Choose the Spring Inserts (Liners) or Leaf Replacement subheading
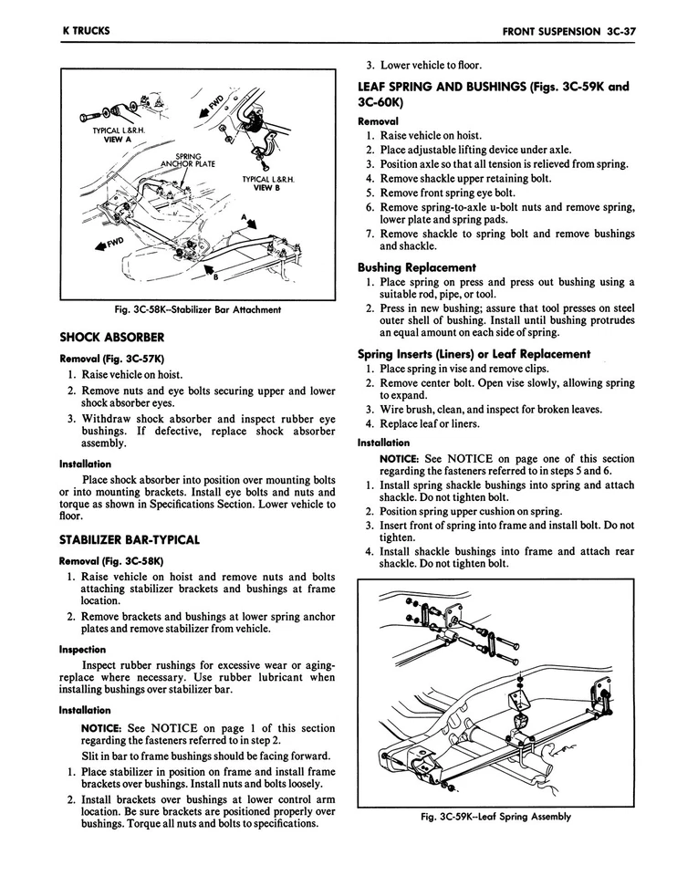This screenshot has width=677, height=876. pos(474,354)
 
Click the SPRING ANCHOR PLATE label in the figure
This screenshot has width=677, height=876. pos(188,161)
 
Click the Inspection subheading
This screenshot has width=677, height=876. pos(82,650)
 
